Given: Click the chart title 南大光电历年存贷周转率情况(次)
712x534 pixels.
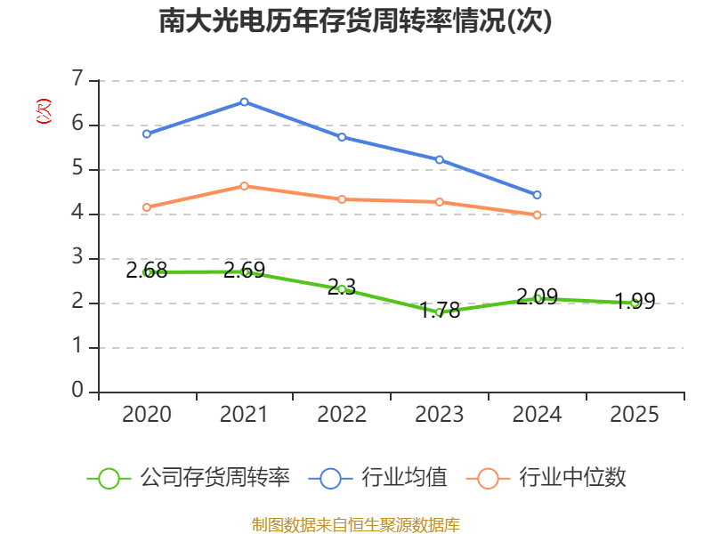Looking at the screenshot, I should tap(355, 20).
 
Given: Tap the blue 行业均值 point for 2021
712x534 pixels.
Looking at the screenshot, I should tap(244, 101).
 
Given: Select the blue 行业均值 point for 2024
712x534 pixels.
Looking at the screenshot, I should tap(538, 195).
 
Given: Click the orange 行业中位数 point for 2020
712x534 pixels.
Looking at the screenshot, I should tap(147, 207).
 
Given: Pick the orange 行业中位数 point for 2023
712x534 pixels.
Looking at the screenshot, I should tap(440, 202).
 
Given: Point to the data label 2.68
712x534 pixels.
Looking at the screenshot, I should tap(147, 271).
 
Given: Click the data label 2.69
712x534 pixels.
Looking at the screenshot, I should tap(244, 271).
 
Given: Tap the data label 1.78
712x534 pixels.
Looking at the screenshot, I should tap(440, 310).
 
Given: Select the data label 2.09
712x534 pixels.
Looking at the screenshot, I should tap(538, 296).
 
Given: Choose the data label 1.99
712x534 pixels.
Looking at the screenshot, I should tap(635, 302).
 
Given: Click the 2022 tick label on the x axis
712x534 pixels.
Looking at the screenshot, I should tap(342, 415).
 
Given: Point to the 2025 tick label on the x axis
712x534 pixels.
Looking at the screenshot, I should tap(635, 415).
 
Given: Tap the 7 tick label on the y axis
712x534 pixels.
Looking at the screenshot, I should tap(77, 80).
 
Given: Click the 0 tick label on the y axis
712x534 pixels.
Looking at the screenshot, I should tap(77, 391).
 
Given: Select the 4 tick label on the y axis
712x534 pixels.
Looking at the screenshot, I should tap(77, 214).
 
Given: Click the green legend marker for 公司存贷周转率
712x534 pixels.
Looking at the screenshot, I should tap(109, 478).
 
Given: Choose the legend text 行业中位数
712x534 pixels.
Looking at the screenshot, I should tap(572, 478).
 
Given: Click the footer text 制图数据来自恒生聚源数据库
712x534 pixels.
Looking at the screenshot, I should tap(356, 524).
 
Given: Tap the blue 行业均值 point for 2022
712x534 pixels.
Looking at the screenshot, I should tap(342, 137).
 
